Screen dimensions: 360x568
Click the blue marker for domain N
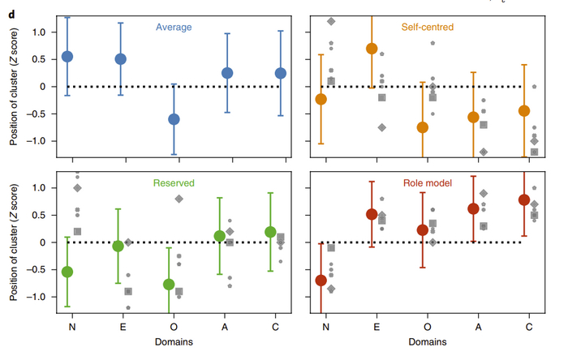click(67, 57)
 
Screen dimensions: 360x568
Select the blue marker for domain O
click(174, 119)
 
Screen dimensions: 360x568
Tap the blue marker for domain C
click(281, 73)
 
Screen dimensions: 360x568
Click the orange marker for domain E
click(372, 49)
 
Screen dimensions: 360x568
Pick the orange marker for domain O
click(423, 127)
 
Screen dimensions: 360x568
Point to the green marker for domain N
click(67, 272)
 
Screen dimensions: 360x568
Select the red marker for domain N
click(321, 281)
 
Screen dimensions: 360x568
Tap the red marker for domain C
click(523, 200)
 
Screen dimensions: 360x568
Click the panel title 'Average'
click(174, 27)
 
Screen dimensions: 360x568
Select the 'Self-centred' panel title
click(428, 27)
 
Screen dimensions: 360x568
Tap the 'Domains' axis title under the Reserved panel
click(174, 343)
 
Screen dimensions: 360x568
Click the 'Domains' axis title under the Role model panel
click(428, 343)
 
